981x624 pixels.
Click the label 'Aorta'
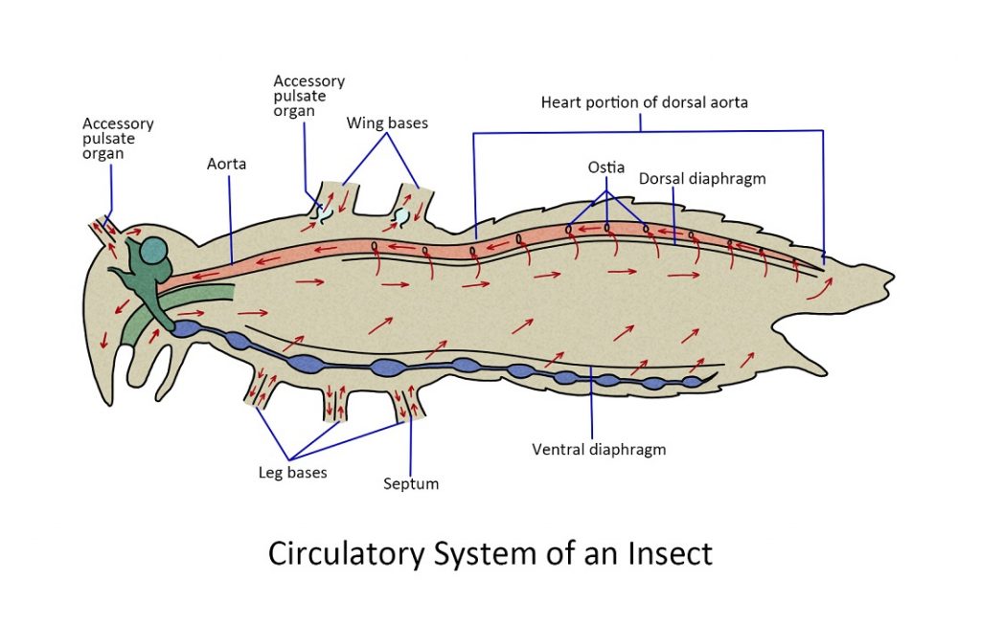point(226,165)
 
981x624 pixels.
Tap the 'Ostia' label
point(606,167)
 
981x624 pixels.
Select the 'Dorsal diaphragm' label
point(702,179)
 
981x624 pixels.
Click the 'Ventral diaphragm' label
point(598,449)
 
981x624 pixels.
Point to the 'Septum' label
point(411,483)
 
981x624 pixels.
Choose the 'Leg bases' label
point(293,472)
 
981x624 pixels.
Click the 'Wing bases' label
point(387,123)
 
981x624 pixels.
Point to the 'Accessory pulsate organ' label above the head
point(118,139)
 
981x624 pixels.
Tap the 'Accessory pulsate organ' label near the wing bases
point(308,96)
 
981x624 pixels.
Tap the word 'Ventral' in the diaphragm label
point(559,449)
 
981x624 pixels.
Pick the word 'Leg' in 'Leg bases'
point(271,472)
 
